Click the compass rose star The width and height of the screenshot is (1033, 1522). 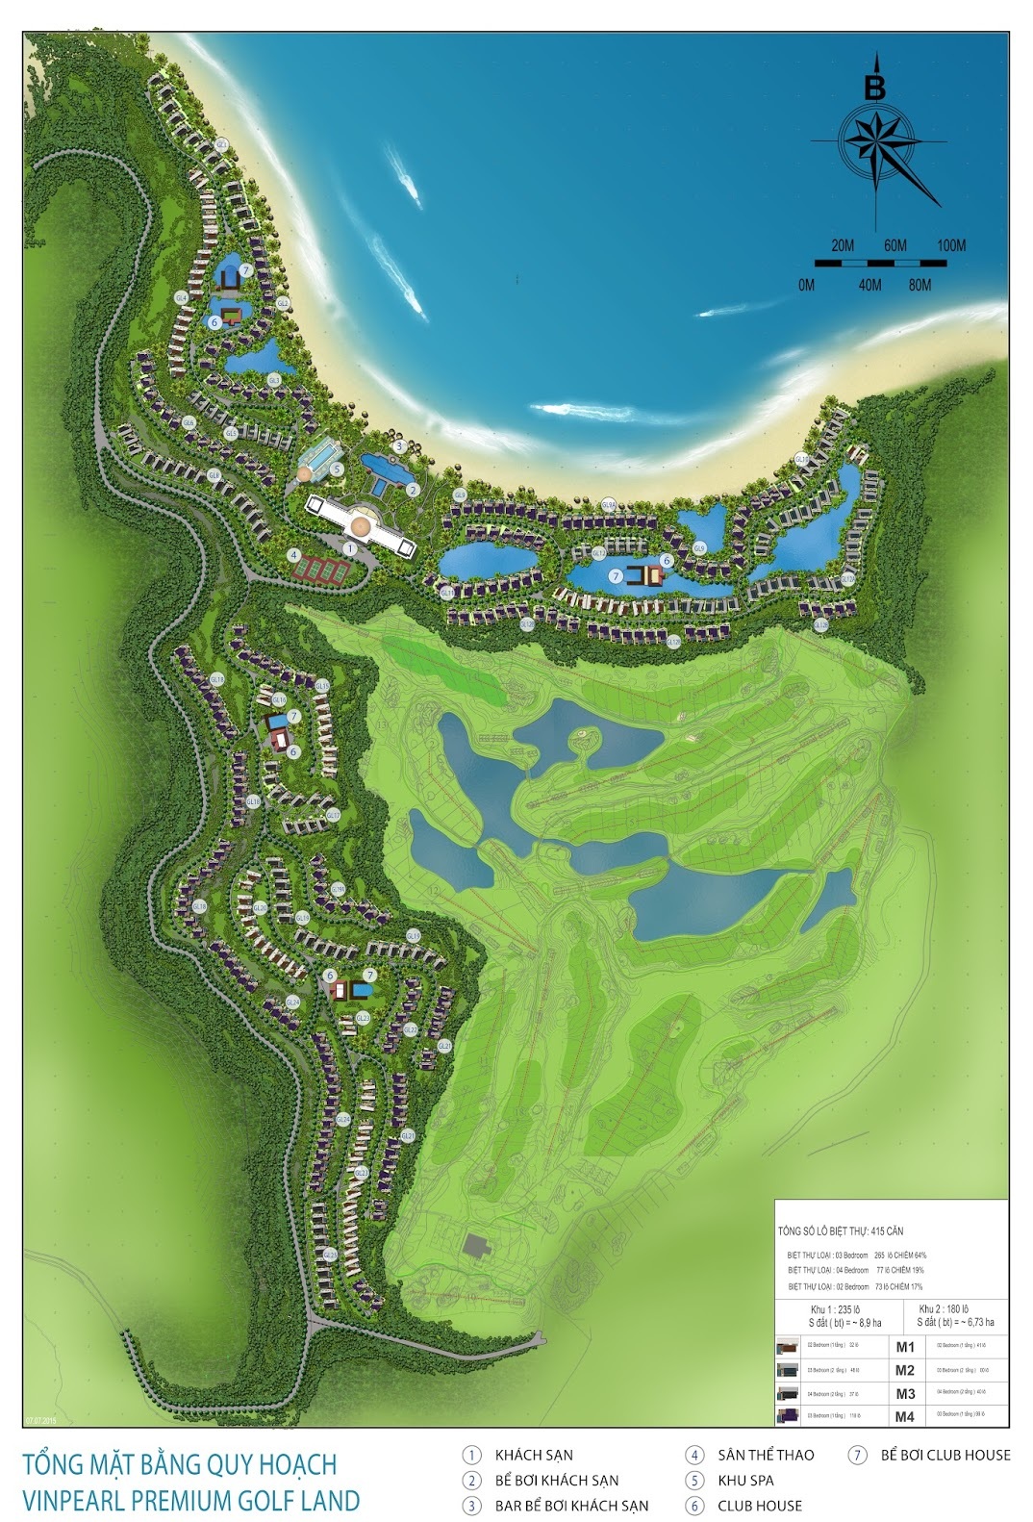pos(876,142)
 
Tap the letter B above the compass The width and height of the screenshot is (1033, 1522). pos(874,88)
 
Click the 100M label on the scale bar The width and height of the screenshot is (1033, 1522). pos(950,245)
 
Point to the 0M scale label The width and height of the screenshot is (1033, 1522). pos(806,285)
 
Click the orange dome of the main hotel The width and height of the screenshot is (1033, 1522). pos(361,525)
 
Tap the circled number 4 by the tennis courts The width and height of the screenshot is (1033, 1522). pos(293,555)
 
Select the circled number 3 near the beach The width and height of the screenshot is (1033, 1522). pos(399,446)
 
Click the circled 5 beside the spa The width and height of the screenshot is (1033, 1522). pos(337,469)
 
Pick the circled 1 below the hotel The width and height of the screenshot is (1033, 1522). pos(350,547)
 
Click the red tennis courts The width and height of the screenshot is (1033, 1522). pos(321,568)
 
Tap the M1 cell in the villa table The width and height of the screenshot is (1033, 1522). pos(904,1347)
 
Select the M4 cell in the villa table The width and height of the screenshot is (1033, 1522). pos(904,1416)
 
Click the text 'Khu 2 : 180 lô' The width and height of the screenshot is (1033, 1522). pos(943,1309)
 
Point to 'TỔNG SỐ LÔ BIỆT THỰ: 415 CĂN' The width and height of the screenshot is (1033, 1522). pos(840,1231)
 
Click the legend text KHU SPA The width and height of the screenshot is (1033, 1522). pos(744,1481)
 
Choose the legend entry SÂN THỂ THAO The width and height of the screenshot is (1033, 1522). pos(765,1456)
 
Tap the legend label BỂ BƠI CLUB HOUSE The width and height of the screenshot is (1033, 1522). pos(945,1456)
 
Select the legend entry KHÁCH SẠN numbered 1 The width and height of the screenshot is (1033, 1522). pos(534,1456)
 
